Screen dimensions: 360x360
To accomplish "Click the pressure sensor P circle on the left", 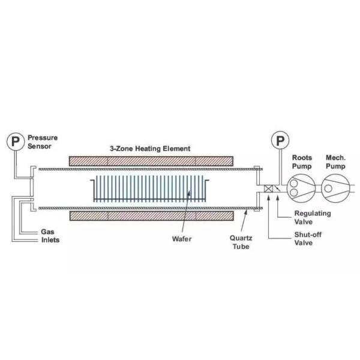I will [x=14, y=142].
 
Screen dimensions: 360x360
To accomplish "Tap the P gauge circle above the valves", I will [x=280, y=142].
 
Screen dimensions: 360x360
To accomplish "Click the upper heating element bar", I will [x=151, y=161].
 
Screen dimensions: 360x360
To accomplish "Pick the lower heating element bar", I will [x=151, y=215].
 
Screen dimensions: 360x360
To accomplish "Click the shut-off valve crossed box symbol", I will [x=268, y=189].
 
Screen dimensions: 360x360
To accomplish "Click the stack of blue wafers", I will [x=150, y=188].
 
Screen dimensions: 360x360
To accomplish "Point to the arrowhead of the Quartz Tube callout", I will [x=245, y=210].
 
